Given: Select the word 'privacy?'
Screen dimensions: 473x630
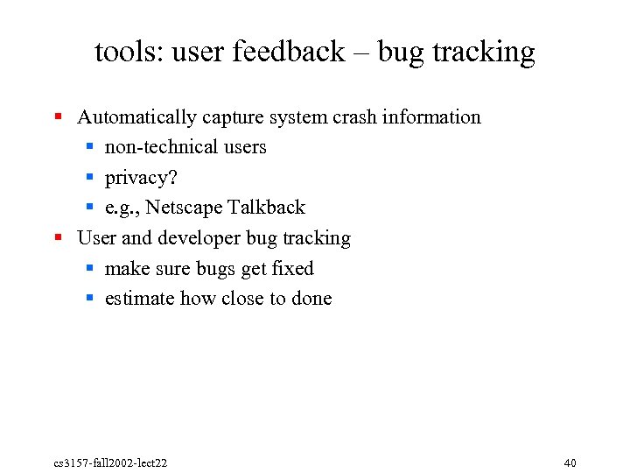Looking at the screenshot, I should click(141, 178).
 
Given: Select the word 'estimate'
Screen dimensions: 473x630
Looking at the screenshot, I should click(139, 299).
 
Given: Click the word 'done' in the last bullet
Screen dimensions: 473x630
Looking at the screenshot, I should click(311, 299).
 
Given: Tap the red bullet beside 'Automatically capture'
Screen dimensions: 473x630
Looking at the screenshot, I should click(58, 116).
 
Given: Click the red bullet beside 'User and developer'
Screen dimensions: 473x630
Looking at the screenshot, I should click(58, 237).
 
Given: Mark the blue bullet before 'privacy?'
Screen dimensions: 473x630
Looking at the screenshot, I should click(89, 177).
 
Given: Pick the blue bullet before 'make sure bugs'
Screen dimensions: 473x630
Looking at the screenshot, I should click(89, 268).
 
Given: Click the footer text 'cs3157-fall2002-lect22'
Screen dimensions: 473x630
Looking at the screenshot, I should click(109, 462).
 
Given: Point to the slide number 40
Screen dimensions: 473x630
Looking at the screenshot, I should click(570, 462).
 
